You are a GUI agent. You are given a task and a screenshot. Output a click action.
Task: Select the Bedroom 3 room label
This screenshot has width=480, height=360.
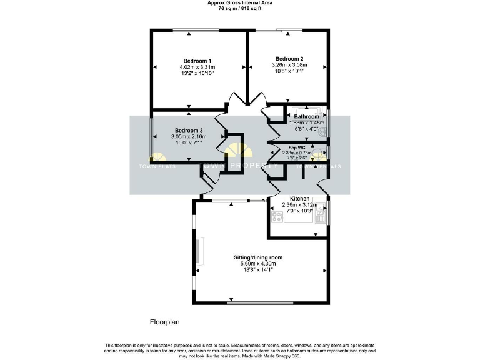[x=189, y=130]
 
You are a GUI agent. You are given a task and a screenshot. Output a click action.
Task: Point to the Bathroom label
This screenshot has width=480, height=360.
[x=307, y=116]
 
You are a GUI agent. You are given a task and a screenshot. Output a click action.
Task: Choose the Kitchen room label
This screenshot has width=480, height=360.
[x=299, y=198]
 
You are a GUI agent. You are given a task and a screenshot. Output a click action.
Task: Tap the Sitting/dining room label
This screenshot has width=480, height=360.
[x=258, y=257]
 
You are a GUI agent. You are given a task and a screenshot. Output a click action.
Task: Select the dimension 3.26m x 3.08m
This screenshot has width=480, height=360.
[x=289, y=64]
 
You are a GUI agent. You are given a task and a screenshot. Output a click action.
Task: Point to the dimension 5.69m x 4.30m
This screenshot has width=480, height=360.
[x=258, y=264]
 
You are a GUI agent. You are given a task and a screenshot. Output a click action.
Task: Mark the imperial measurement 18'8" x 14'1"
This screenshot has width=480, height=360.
[x=258, y=270]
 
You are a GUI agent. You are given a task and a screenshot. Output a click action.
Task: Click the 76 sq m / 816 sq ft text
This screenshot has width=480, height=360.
[x=240, y=8]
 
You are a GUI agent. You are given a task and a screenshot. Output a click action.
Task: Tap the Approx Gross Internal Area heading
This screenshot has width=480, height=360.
[x=240, y=3]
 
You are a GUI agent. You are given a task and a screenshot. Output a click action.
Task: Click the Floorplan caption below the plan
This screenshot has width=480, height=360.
[x=165, y=322]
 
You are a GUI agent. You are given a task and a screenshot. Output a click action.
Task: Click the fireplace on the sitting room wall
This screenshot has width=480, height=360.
[x=199, y=251]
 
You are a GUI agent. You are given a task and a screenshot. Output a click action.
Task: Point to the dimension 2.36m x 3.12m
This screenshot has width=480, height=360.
[x=299, y=204]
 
